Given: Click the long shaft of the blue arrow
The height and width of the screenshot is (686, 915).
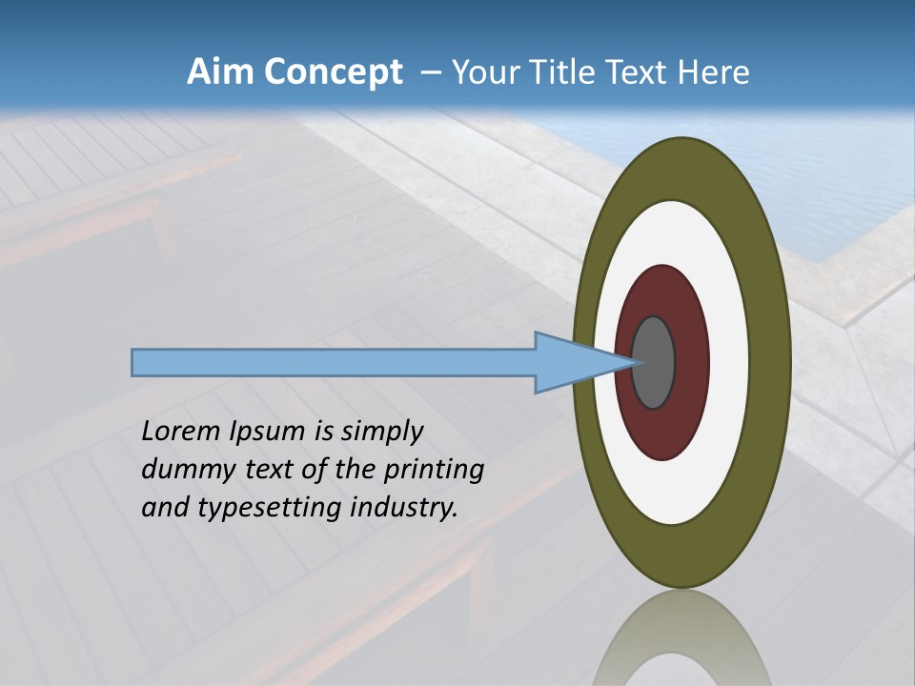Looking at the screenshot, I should point(334,363).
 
